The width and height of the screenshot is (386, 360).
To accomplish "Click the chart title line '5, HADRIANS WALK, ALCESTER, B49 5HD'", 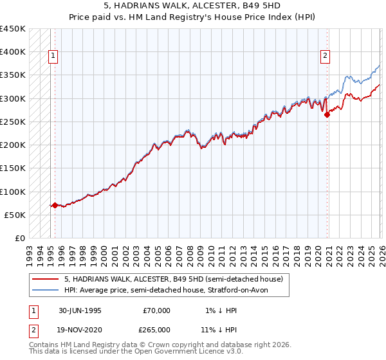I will click(x=193, y=5).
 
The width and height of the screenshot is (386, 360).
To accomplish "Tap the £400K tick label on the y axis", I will click(x=13, y=52).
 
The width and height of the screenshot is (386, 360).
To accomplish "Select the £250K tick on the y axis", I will click(x=13, y=122).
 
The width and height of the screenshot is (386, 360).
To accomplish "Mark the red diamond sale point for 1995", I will click(x=55, y=206).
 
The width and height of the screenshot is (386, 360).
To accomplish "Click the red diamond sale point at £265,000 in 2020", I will click(x=327, y=114).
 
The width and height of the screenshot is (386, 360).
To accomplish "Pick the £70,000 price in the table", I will click(x=156, y=310).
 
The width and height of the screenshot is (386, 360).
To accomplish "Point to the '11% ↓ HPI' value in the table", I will click(x=219, y=329).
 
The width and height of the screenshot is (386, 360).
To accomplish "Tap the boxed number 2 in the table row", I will click(x=33, y=329).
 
